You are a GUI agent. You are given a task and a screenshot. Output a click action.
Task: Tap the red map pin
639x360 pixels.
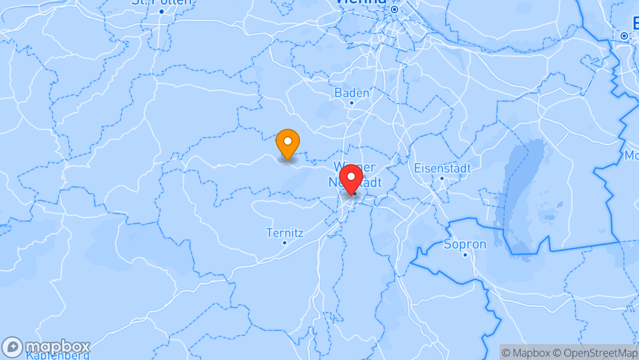[x=351, y=178]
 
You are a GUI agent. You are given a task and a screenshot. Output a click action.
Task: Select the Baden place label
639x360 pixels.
[x=352, y=93]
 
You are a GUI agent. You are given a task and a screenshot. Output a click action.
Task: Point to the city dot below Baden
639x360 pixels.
[x=352, y=103]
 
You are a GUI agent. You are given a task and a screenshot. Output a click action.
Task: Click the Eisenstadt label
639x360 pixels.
[x=442, y=168]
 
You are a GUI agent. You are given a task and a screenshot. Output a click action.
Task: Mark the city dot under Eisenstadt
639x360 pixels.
[x=442, y=178]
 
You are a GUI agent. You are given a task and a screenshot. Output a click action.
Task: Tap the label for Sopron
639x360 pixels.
[x=465, y=244]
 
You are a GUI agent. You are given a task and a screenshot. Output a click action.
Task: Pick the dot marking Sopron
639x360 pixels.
[x=465, y=255]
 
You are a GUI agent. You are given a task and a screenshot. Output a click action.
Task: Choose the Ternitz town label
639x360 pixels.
[x=285, y=233]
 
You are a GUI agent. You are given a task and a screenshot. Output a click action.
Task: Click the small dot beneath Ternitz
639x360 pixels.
[x=285, y=243]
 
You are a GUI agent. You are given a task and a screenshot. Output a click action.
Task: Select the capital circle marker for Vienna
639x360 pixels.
[x=394, y=10]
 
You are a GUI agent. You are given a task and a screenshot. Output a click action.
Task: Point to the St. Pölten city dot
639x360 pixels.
[x=162, y=11]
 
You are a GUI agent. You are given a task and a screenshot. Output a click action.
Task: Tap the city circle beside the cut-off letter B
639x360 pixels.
[x=624, y=36]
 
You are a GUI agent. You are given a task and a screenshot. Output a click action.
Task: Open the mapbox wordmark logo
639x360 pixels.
[x=58, y=347]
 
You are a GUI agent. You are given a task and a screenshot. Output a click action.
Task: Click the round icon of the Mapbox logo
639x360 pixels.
[x=12, y=347]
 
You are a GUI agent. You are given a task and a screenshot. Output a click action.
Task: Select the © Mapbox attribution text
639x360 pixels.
[x=526, y=353]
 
